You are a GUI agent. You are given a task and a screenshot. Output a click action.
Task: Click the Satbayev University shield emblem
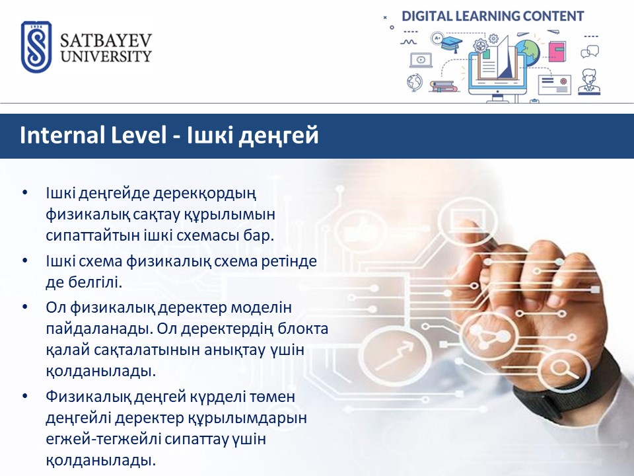tap(36, 47)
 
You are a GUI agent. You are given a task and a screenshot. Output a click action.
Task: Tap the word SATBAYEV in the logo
tap(106, 40)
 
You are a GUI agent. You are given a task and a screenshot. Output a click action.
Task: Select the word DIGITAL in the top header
tap(427, 16)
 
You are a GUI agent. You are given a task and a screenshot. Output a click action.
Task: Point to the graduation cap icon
tap(451, 44)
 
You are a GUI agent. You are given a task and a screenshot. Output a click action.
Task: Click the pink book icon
tap(557, 52)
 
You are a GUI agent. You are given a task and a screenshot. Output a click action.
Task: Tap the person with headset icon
tap(589, 82)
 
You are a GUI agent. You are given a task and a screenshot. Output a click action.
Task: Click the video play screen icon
tap(421, 60)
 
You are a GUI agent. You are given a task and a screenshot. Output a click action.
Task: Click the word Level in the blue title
tap(139, 135)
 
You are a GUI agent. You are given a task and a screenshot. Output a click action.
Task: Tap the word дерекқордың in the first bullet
tap(205, 194)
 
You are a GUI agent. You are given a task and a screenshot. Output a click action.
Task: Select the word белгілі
tap(95, 282)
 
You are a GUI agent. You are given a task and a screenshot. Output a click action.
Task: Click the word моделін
tap(262, 307)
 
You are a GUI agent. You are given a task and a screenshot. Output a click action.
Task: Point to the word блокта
tap(303, 329)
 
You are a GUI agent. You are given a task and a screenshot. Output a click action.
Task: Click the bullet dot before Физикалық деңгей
tap(25, 396)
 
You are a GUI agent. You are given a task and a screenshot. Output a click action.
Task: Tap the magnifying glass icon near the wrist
tap(561, 370)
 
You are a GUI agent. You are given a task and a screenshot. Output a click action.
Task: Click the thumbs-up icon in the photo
tap(360, 231)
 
